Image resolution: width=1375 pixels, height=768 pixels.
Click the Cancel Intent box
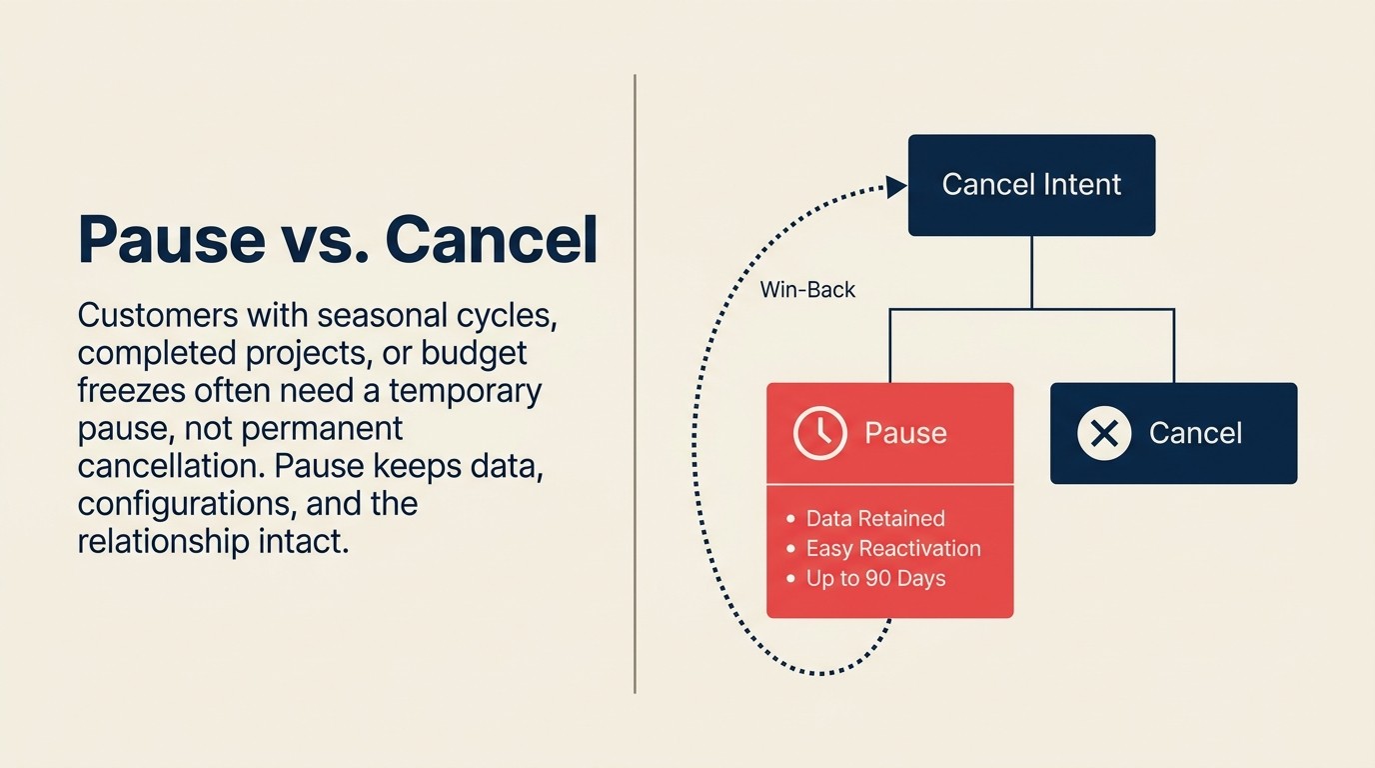1031,185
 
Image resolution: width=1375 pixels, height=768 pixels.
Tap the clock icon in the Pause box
819,433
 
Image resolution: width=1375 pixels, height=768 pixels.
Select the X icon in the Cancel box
1104,433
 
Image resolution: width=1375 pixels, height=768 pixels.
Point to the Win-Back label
807,290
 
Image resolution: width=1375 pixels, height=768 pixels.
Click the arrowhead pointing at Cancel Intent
896,186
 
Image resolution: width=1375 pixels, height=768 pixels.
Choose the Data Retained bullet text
874,518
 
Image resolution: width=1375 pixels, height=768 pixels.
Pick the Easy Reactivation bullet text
892,548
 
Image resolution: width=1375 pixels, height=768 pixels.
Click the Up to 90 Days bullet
875,578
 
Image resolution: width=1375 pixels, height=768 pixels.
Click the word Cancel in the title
492,240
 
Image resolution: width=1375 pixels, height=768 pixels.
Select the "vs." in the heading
334,240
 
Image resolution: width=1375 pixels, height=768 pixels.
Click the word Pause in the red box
905,433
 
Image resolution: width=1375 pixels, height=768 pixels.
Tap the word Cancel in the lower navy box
1195,433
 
